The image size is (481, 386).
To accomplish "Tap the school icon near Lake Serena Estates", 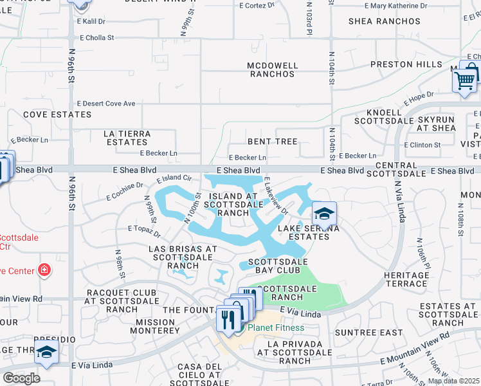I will [x=324, y=212].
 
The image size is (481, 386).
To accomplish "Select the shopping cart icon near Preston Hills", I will [x=465, y=80].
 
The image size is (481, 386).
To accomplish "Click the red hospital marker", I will [x=44, y=270].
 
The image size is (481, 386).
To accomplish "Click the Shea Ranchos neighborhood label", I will [x=384, y=21].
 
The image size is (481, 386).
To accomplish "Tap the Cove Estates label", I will [x=57, y=115].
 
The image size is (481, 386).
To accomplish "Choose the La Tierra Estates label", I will [x=127, y=138].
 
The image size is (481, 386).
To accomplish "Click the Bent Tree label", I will [x=273, y=142].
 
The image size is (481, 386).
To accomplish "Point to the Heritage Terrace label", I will [x=406, y=279].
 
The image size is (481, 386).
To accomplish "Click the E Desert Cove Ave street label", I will [x=106, y=104].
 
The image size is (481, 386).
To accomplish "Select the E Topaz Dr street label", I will [x=143, y=228].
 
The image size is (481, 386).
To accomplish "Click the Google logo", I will [x=21, y=378].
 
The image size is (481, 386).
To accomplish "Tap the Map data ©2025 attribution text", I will [x=453, y=381].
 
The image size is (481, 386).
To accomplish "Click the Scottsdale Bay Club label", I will [x=278, y=266].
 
